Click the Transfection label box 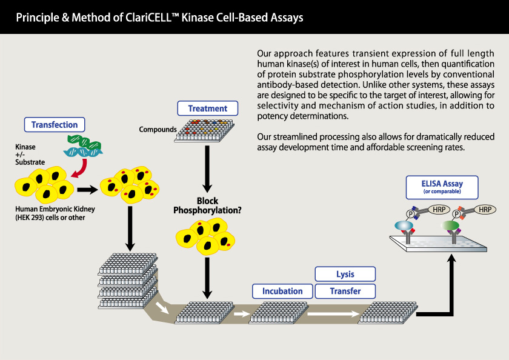pos(55,125)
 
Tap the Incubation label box pos(282,291)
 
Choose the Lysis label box pos(345,274)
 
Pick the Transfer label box pos(345,291)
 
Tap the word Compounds pos(156,130)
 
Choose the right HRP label pos(484,209)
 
